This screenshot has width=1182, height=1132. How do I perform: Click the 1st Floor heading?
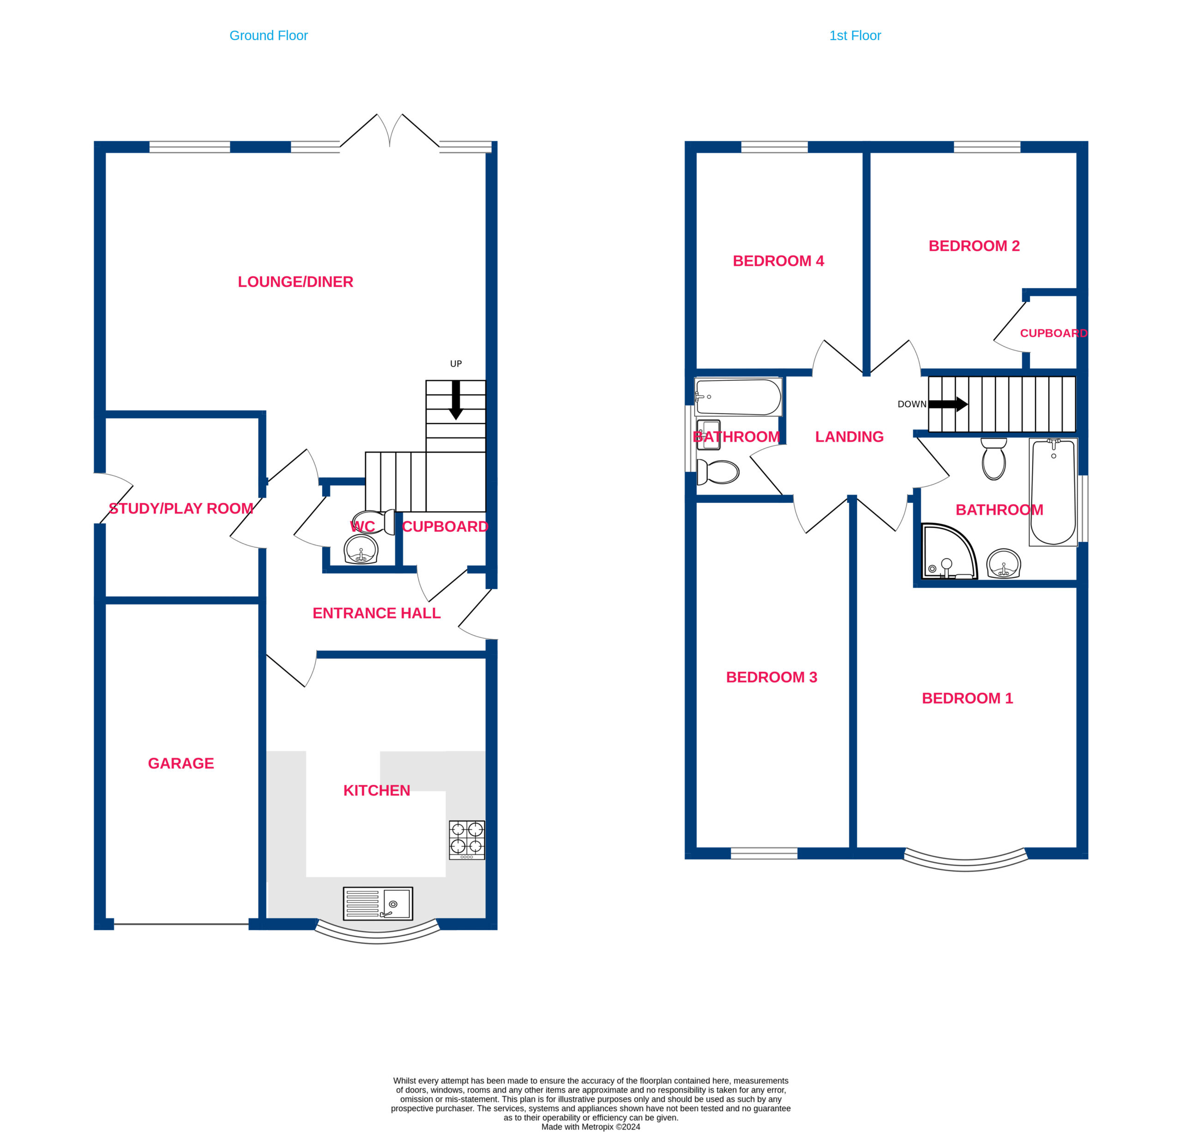(855, 36)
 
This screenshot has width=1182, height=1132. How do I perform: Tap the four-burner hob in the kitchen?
(467, 839)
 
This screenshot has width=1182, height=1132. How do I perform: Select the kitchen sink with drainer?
(378, 903)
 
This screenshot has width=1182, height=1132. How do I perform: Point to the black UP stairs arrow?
(456, 400)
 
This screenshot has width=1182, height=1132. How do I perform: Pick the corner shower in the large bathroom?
(949, 552)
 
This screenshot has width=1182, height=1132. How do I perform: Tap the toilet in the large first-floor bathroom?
(993, 458)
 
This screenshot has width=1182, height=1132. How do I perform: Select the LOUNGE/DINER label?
(295, 282)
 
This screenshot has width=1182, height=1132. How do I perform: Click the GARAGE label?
(181, 763)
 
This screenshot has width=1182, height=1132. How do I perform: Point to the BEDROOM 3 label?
(772, 677)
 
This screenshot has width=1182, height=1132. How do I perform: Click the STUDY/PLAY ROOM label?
(181, 508)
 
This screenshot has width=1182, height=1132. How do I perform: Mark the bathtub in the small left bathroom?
(738, 397)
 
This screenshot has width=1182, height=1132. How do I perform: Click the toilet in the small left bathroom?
(718, 472)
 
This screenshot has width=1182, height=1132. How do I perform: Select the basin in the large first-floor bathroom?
(1003, 564)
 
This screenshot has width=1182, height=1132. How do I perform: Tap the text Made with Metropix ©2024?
(591, 1126)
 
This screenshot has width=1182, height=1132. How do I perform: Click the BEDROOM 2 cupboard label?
(1054, 333)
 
